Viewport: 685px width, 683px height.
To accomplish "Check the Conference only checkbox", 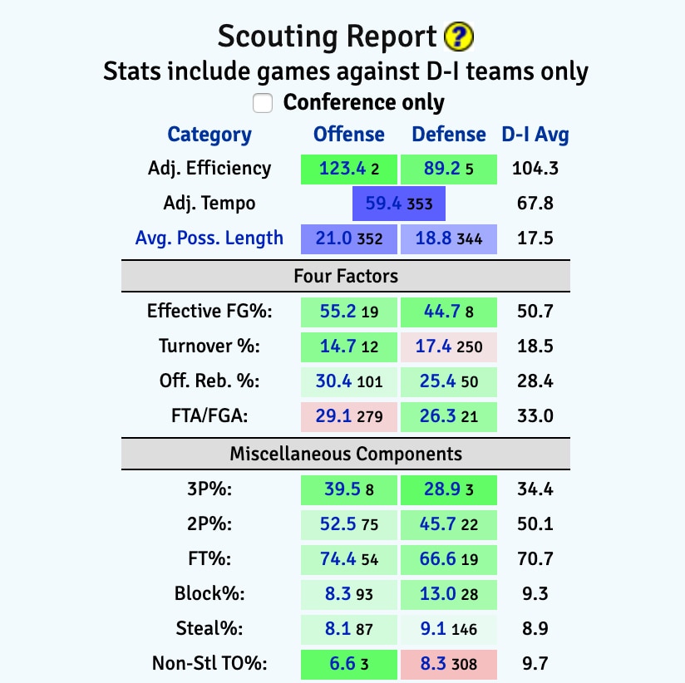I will (x=263, y=102).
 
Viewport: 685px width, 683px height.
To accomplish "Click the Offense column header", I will (x=348, y=135).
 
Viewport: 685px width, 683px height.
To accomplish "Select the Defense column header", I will (x=449, y=135).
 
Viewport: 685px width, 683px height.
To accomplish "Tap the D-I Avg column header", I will (x=535, y=135).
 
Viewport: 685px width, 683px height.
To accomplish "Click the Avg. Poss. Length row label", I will (x=209, y=238).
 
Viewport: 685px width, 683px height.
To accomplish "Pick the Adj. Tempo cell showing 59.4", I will (x=399, y=204).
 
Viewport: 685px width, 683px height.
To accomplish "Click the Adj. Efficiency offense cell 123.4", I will (x=349, y=169).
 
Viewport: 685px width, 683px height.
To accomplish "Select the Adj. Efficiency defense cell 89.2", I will (x=449, y=169).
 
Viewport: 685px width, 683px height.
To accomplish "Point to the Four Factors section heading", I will (x=345, y=275).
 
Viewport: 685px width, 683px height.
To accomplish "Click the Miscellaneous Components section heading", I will (x=345, y=454).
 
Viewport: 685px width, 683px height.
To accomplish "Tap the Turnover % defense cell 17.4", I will (x=449, y=346).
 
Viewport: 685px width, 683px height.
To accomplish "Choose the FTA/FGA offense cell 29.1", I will (x=349, y=416).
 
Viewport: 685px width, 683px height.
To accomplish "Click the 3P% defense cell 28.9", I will (x=449, y=489).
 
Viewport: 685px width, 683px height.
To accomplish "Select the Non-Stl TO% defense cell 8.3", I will (x=449, y=664).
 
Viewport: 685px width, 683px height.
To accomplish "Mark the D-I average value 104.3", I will (x=535, y=169).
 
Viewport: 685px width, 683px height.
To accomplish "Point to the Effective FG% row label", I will (x=209, y=312).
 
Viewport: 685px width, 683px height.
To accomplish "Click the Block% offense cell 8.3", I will (x=349, y=594).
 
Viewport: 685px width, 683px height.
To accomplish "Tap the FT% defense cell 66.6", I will (x=449, y=559).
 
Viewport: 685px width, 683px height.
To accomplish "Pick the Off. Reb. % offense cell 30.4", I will (x=349, y=381).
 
